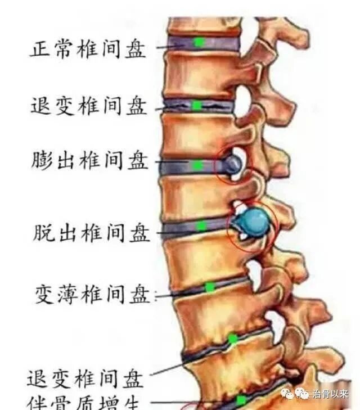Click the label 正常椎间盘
pos(87,49)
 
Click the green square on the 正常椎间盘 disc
pos(197,42)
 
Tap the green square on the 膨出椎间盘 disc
pos(197,165)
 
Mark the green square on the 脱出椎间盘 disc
pos(201,226)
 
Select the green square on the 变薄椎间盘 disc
pos(210,287)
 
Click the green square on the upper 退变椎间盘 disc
pos(197,106)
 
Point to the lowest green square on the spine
pos(241,400)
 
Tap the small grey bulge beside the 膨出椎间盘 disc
pos(234,164)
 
